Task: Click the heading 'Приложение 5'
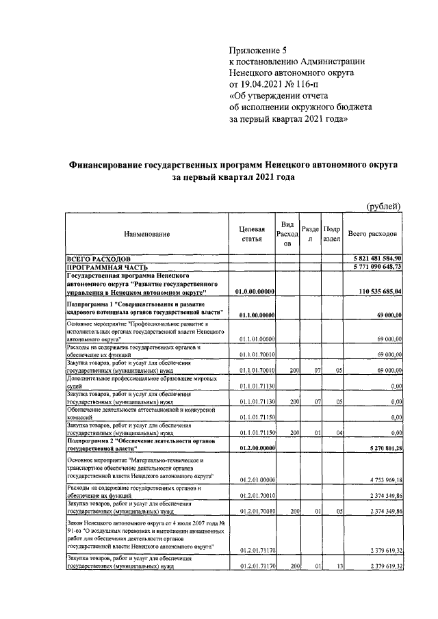pos(261,49)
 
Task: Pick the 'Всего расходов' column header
pos(372,234)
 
